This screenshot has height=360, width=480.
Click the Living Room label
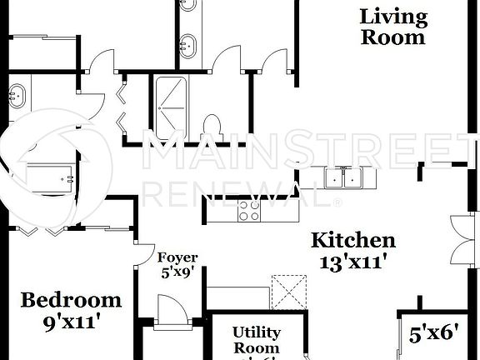pos(393,27)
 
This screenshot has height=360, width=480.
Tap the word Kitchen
pos(353,242)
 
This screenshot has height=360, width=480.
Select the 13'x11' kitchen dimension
pos(353,261)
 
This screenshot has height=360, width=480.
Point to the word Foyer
pos(177,257)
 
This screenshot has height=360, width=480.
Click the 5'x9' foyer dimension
pos(177,271)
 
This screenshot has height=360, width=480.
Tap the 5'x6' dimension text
pos(434,333)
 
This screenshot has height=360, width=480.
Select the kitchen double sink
pos(342,177)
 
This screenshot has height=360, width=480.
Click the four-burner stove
pos(249,210)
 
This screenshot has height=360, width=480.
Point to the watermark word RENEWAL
pos(242,192)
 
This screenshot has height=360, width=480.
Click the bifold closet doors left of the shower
pos(121,106)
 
